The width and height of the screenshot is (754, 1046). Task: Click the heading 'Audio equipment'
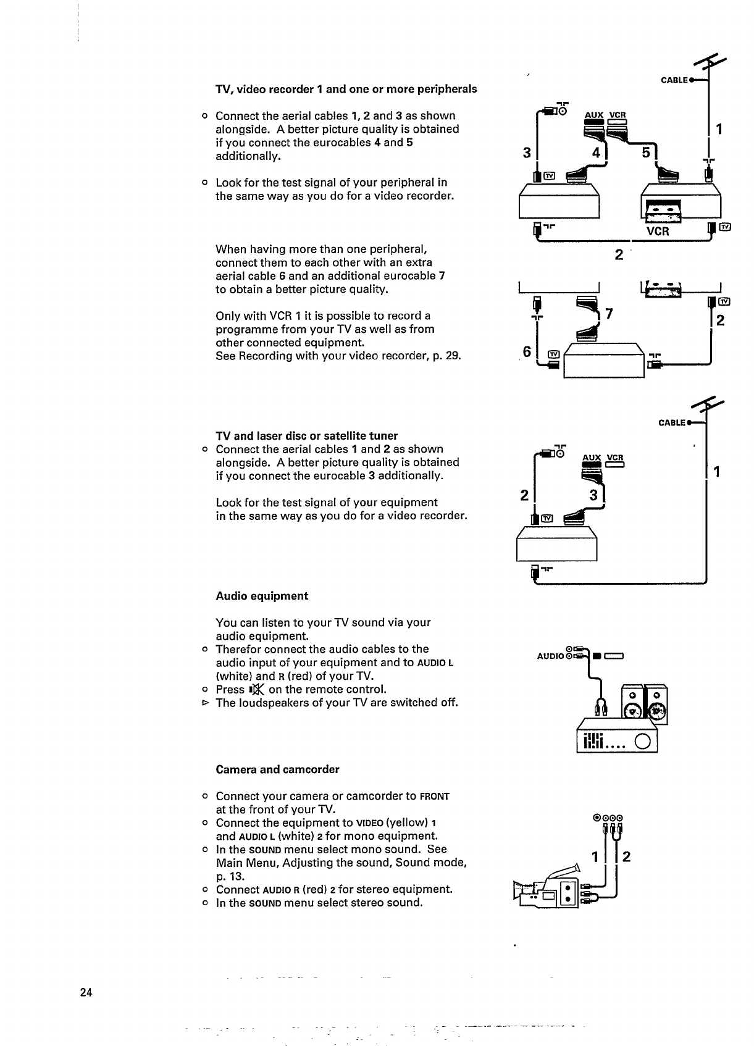point(262,596)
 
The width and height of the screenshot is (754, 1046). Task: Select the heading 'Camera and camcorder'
point(277,769)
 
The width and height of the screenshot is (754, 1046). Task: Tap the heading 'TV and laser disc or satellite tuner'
point(306,435)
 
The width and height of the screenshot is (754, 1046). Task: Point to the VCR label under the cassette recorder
point(657,232)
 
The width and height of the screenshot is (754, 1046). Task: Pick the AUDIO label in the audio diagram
point(550,656)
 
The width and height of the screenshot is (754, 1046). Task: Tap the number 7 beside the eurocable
point(609,314)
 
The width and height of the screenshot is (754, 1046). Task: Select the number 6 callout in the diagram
point(527,351)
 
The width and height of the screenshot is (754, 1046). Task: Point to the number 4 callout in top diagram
point(597,152)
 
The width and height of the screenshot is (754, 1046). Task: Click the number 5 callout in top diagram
point(646,152)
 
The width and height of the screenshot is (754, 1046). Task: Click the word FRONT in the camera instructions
point(434,796)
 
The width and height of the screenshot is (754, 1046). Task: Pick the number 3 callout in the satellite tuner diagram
point(593,495)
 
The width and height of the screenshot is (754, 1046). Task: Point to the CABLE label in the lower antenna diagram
point(672,423)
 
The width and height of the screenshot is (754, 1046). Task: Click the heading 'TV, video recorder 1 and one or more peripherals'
point(346,89)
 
